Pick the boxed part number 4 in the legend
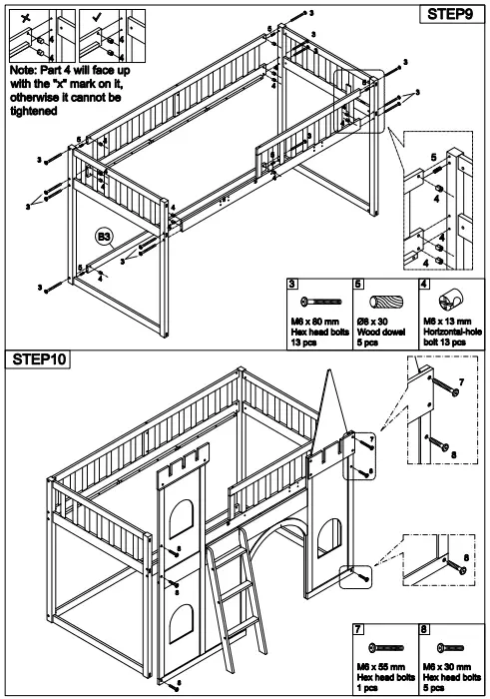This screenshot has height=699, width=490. (425, 285)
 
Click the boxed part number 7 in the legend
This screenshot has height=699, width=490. (360, 631)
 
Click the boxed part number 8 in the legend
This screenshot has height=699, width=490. (425, 631)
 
